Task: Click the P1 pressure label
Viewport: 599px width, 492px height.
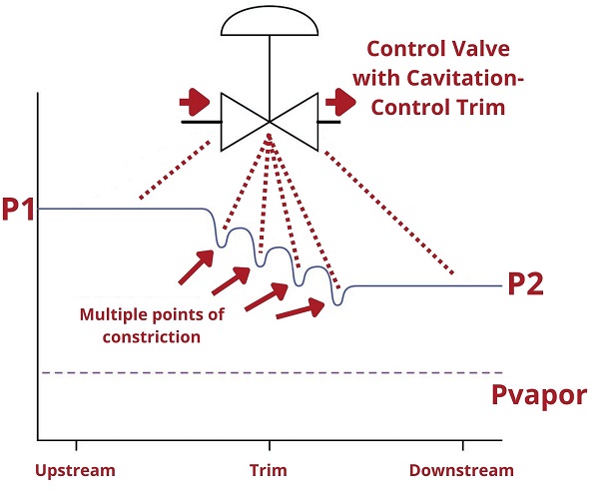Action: click(x=18, y=209)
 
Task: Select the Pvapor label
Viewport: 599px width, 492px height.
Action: click(x=539, y=396)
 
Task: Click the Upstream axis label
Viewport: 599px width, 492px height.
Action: click(x=75, y=471)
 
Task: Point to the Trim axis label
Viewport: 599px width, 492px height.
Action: click(x=269, y=470)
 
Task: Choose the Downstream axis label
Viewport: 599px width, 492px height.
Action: click(x=461, y=470)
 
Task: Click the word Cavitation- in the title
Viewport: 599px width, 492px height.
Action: click(x=465, y=78)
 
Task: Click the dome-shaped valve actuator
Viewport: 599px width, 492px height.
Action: click(x=270, y=21)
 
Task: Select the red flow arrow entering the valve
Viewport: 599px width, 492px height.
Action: click(x=195, y=102)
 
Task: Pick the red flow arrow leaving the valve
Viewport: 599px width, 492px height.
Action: click(x=340, y=102)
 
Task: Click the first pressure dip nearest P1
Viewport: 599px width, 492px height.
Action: click(x=220, y=245)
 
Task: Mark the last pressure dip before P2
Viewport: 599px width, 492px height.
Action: click(x=337, y=302)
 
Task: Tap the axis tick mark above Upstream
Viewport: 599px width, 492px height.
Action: click(x=77, y=445)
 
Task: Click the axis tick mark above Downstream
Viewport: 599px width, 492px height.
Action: click(x=463, y=445)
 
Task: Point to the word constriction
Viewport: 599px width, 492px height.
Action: click(x=152, y=337)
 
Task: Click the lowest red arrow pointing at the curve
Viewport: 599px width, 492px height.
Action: click(x=300, y=309)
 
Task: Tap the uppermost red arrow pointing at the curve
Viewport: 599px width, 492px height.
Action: click(x=196, y=267)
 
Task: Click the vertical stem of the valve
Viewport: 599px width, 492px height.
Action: click(x=270, y=79)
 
